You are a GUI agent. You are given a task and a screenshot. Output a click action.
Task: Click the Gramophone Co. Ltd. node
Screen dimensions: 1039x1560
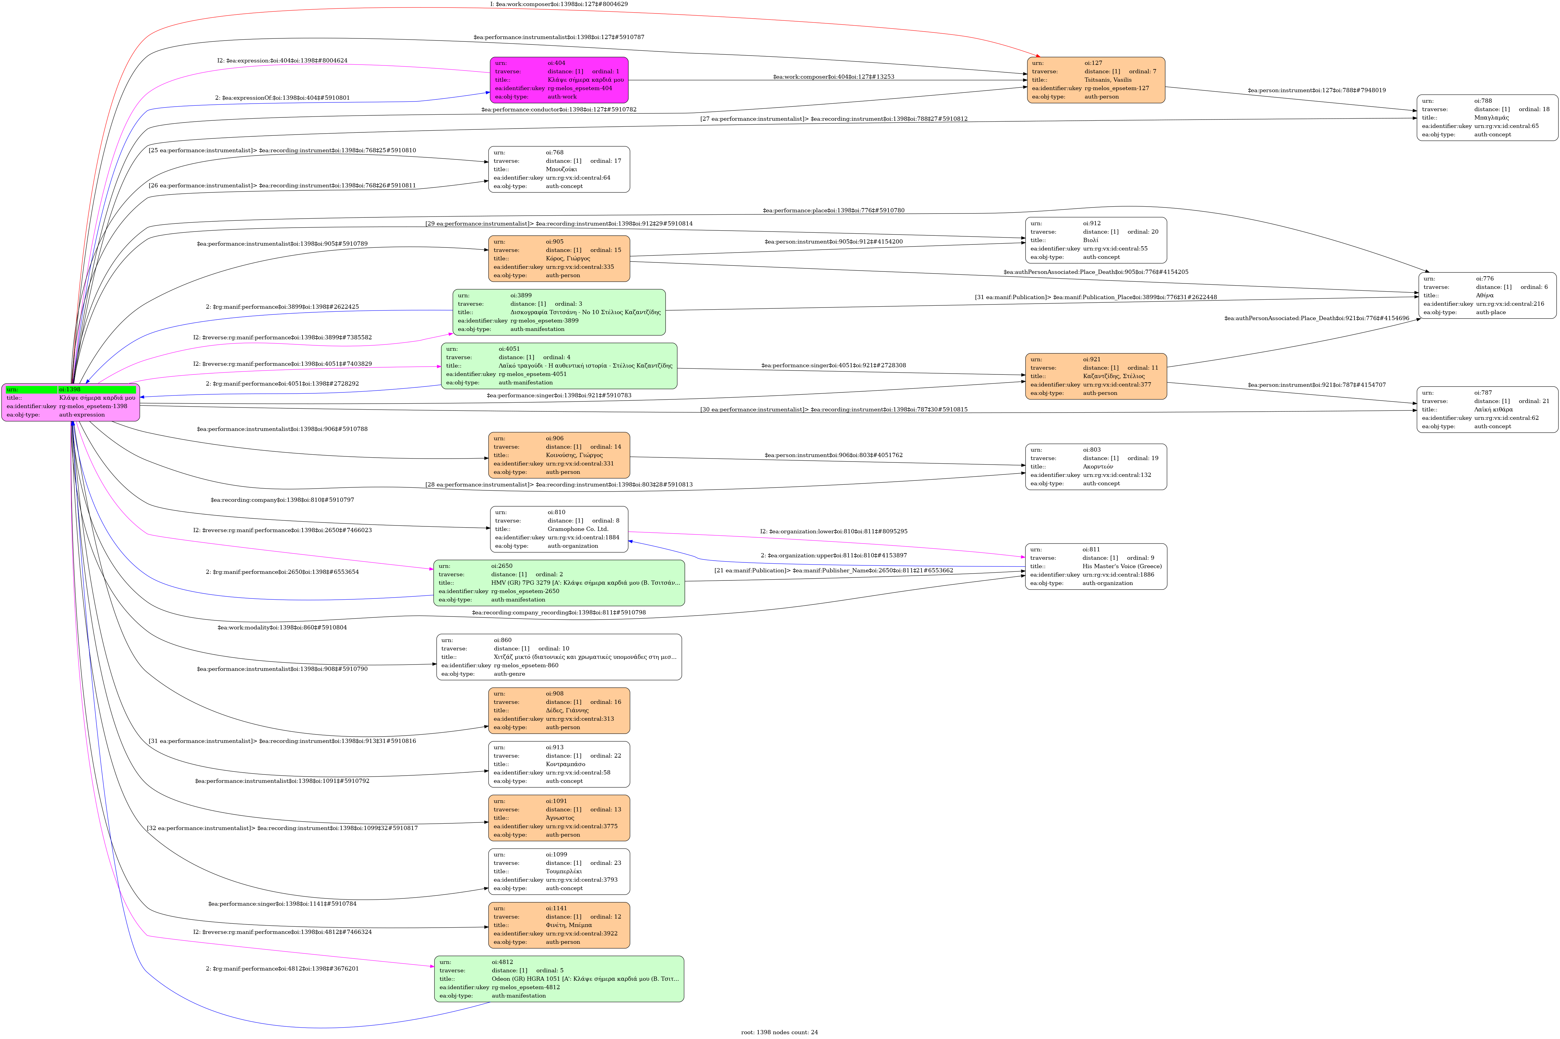[x=559, y=529]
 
